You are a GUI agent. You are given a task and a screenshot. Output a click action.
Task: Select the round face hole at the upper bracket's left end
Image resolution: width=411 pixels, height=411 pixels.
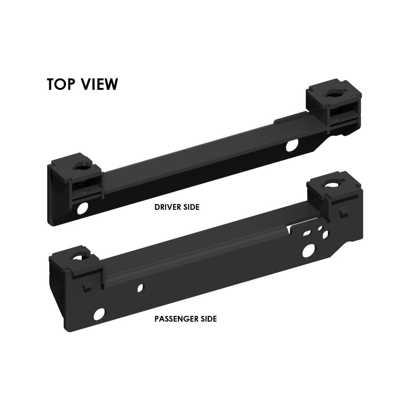(x=84, y=208)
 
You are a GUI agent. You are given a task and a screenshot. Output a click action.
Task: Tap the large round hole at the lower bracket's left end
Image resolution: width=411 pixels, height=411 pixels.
(x=99, y=314)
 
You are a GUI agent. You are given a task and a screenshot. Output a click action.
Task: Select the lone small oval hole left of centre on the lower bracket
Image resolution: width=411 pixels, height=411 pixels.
(x=140, y=288)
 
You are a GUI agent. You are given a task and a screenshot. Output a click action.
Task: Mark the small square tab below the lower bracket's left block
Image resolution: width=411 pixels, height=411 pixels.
(x=87, y=287)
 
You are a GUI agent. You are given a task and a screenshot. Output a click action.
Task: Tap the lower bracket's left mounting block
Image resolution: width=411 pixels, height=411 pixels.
(x=76, y=265)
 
